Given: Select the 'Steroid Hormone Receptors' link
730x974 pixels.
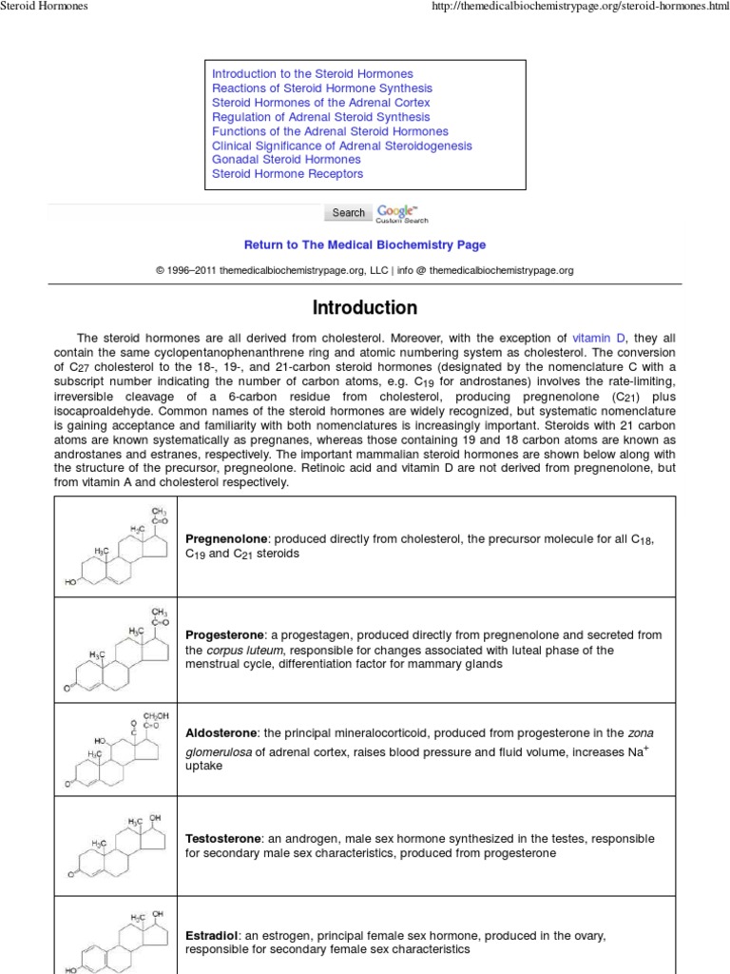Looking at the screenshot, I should pyautogui.click(x=287, y=174).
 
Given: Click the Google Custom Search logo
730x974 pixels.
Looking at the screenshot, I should pyautogui.click(x=397, y=213).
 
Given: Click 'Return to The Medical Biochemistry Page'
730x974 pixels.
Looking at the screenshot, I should pyautogui.click(x=365, y=245).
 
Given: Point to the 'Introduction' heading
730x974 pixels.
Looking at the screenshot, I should pyautogui.click(x=365, y=308).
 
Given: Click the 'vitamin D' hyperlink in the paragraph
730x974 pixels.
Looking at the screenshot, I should pyautogui.click(x=599, y=339).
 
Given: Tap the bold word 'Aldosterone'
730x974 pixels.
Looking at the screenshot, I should pyautogui.click(x=222, y=733).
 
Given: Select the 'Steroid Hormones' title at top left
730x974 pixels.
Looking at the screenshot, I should pyautogui.click(x=44, y=7).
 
